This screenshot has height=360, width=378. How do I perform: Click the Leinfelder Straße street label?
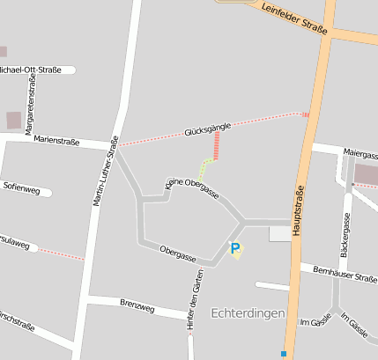[295, 18]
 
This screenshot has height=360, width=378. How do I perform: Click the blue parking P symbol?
[234, 249]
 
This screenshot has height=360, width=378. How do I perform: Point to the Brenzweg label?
[137, 308]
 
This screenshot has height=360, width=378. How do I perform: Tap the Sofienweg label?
[23, 187]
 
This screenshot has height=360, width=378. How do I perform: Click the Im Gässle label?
[314, 323]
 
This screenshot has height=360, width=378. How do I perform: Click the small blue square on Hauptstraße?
[284, 354]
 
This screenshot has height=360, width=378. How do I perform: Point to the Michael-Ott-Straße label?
[30, 70]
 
